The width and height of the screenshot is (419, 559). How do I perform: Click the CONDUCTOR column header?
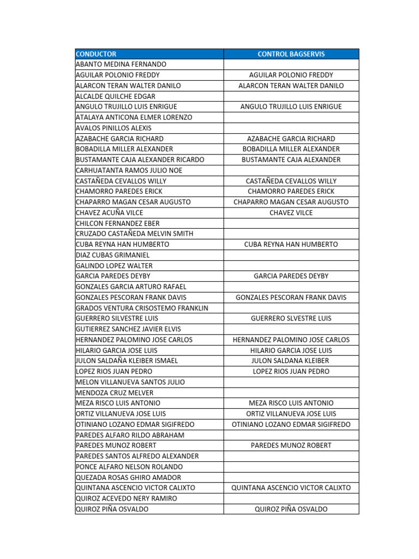pos(96,54)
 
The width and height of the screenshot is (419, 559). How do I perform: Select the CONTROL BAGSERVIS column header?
pos(291,54)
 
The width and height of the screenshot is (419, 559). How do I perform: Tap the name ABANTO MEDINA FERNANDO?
pos(121,64)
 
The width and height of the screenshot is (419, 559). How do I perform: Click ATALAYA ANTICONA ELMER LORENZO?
pos(134,117)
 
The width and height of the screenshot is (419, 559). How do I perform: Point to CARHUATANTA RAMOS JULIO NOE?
pos(129,170)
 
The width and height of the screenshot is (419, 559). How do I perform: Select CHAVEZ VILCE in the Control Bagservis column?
pos(291,213)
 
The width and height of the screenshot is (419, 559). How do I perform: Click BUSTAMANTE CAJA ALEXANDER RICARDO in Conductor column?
pos(140,160)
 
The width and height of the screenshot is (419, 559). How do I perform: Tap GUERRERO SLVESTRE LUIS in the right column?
pos(291,318)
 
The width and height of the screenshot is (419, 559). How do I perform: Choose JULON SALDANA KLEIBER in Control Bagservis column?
pos(291,361)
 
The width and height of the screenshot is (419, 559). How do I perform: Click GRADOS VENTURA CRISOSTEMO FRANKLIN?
pos(142,308)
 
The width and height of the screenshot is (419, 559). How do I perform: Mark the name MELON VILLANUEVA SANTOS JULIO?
pos(130,382)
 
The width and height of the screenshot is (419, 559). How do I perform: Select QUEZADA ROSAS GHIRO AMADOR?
pos(129,477)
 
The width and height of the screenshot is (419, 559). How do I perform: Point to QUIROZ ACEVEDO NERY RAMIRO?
pos(127,498)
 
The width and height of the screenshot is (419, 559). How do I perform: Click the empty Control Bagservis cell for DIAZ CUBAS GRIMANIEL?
pos(291,255)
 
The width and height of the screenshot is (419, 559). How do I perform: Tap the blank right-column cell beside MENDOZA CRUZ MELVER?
pos(291,393)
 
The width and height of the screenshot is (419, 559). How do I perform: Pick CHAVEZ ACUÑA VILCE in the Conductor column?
pos(110,213)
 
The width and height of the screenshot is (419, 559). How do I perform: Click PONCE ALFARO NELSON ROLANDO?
pos(129,467)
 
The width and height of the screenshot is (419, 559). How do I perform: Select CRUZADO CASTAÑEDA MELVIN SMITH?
pos(134,234)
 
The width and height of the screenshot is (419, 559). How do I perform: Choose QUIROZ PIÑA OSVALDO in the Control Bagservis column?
pos(291,509)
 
